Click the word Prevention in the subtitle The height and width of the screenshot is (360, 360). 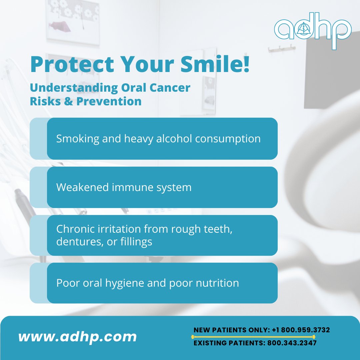click(x=109, y=101)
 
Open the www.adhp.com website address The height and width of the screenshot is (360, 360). click(x=78, y=337)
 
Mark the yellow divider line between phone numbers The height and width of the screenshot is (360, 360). click(x=254, y=337)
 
